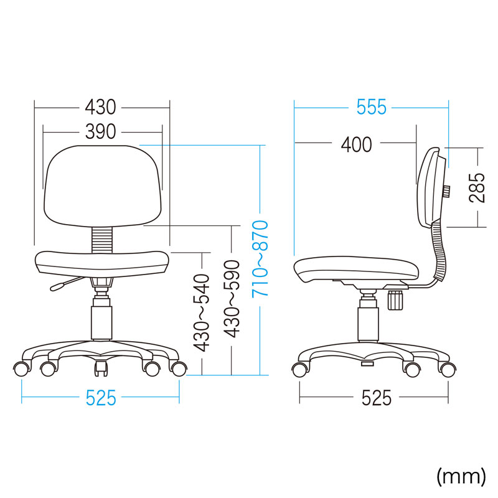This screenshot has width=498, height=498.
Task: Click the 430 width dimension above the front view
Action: click(x=100, y=107)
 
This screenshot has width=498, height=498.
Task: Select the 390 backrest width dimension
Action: click(x=100, y=131)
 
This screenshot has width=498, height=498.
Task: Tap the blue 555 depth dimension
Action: click(x=371, y=107)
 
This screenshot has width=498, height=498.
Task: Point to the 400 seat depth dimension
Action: click(x=356, y=144)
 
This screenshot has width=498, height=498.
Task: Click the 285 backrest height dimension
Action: click(x=477, y=188)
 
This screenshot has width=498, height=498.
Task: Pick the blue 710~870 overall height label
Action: click(x=260, y=259)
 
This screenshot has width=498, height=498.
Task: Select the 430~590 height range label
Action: click(x=231, y=299)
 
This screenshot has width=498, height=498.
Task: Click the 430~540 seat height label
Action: click(x=202, y=314)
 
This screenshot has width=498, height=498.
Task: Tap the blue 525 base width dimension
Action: click(x=101, y=398)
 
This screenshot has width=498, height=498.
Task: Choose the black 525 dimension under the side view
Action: click(x=377, y=398)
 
